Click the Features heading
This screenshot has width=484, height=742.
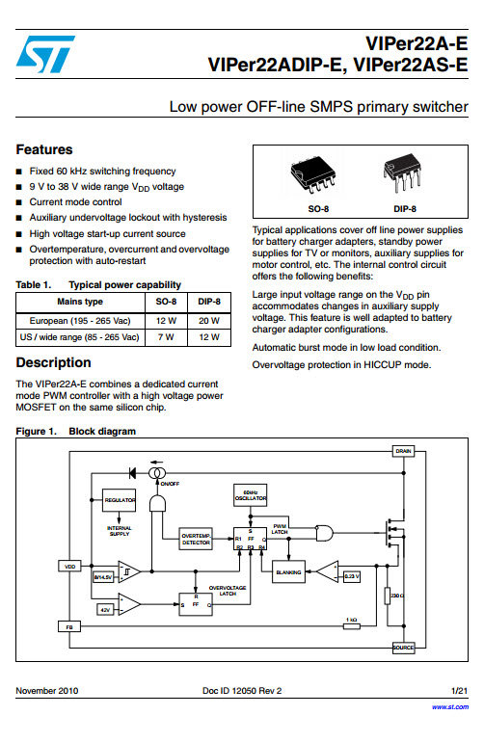(44, 149)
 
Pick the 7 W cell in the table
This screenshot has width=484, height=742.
(166, 337)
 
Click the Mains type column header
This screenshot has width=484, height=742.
(80, 302)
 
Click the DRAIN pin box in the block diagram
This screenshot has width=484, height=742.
(403, 451)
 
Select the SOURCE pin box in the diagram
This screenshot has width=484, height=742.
(403, 648)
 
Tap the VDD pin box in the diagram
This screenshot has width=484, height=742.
(69, 566)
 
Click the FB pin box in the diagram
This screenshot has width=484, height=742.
(69, 626)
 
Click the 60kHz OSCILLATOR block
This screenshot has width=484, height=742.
(251, 495)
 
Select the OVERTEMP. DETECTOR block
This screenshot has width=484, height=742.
(197, 540)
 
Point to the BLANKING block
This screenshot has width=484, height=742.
(288, 572)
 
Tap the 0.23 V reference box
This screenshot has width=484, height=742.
(352, 576)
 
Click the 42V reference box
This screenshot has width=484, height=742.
(104, 609)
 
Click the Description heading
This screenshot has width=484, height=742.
(54, 362)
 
